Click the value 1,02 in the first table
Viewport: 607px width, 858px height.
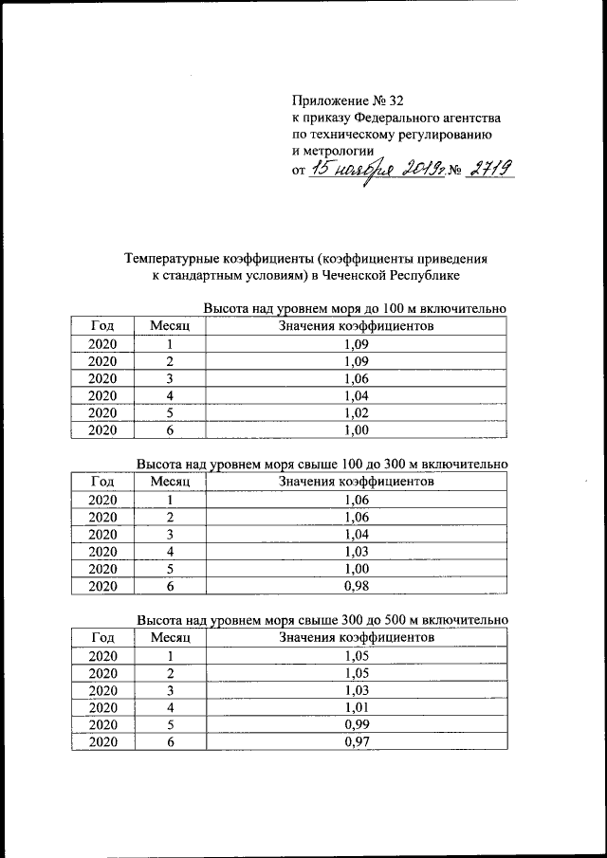(x=357, y=412)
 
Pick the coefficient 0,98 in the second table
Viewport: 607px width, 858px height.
(x=357, y=586)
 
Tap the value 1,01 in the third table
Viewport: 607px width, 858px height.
(x=357, y=707)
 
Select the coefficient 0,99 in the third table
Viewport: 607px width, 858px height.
(x=357, y=725)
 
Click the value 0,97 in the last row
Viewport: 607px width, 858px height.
(x=357, y=742)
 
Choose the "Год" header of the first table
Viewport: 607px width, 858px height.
(x=102, y=326)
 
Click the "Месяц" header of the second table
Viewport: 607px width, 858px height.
(x=171, y=482)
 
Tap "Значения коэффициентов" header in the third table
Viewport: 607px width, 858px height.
(x=357, y=637)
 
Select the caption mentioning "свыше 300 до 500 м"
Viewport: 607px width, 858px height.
(x=322, y=620)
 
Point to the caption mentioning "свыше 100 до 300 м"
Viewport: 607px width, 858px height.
(x=322, y=465)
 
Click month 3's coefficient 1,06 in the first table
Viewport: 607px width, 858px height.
(x=357, y=378)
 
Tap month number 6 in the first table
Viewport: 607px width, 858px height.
(x=170, y=429)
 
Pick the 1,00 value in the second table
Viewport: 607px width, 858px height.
(x=357, y=569)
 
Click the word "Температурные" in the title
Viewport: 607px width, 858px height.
(x=173, y=257)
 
